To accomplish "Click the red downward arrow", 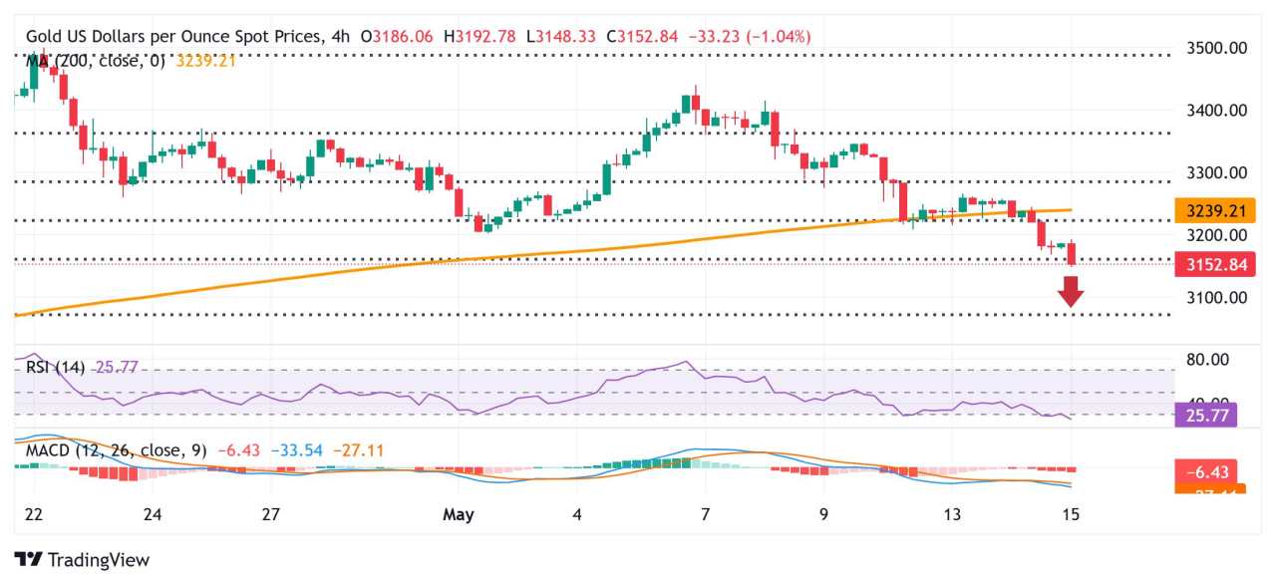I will pyautogui.click(x=1072, y=291).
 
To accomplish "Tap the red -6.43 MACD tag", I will pyautogui.click(x=1207, y=471).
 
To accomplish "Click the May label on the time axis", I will pyautogui.click(x=460, y=515).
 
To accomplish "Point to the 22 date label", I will pyautogui.click(x=32, y=515).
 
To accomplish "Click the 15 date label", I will pyautogui.click(x=1071, y=515).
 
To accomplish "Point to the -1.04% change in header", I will pyautogui.click(x=781, y=36).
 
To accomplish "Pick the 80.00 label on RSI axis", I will pyautogui.click(x=1207, y=360).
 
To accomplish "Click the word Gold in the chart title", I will pyautogui.click(x=44, y=36).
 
